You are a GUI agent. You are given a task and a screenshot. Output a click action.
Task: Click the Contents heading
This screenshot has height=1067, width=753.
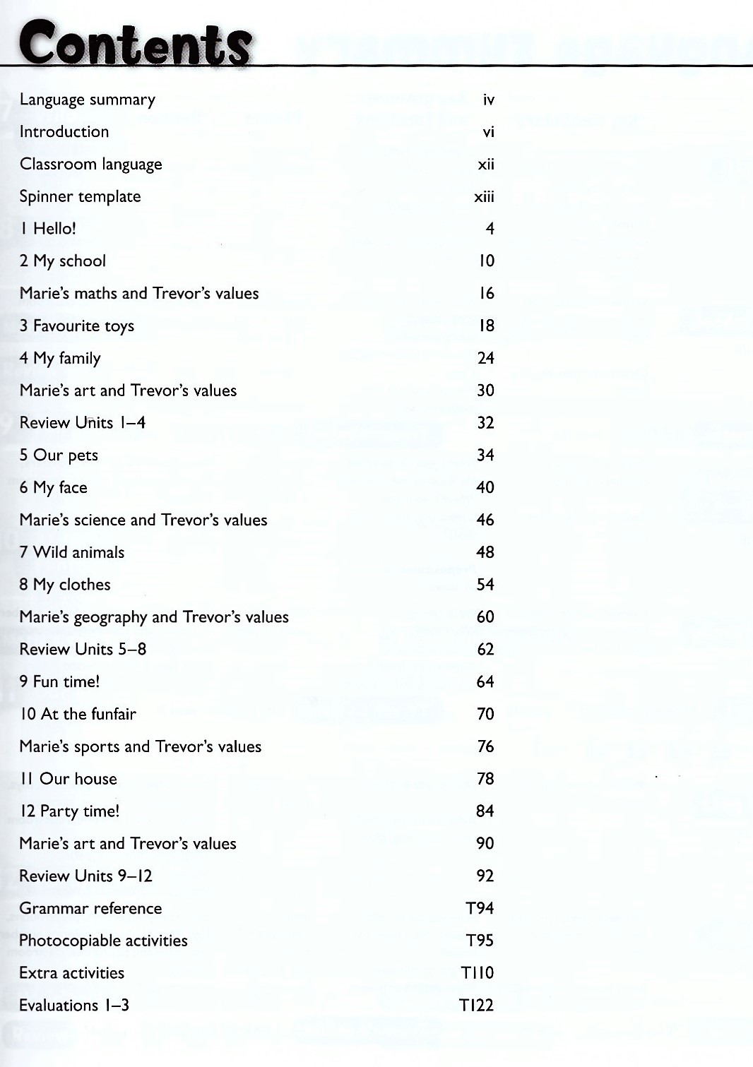(x=135, y=44)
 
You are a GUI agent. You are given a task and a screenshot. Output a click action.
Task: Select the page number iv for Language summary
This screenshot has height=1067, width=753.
(x=488, y=100)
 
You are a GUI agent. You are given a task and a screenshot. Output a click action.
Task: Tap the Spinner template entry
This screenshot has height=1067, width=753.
(x=80, y=197)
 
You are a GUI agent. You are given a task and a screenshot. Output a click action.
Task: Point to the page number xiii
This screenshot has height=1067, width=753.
(x=484, y=197)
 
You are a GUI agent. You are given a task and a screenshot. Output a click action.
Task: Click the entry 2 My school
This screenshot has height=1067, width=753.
(x=63, y=261)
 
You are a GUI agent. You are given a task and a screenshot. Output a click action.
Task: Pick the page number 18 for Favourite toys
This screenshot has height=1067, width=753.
(x=487, y=326)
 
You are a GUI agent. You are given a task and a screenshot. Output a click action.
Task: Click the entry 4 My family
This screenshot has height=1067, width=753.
(x=60, y=359)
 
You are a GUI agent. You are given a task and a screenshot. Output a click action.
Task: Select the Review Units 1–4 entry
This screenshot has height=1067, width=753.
(x=83, y=423)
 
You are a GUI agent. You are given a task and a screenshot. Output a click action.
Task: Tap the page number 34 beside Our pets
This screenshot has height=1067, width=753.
(x=485, y=455)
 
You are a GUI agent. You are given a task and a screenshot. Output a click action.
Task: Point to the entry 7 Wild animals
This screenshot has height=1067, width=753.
(x=72, y=553)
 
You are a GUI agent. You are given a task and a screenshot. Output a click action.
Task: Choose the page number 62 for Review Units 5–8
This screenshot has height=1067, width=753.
(x=485, y=650)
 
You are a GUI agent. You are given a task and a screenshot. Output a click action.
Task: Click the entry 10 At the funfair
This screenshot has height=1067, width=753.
(x=78, y=715)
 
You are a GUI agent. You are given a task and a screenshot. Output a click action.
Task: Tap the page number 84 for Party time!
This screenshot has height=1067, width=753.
(x=485, y=811)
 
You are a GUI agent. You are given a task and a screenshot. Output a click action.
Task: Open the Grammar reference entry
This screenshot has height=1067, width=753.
(x=90, y=909)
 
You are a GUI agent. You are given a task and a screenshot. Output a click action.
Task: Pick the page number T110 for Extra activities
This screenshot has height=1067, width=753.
(x=478, y=973)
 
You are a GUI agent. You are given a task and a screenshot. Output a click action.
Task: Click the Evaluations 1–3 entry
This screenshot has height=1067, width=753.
(x=74, y=1006)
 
